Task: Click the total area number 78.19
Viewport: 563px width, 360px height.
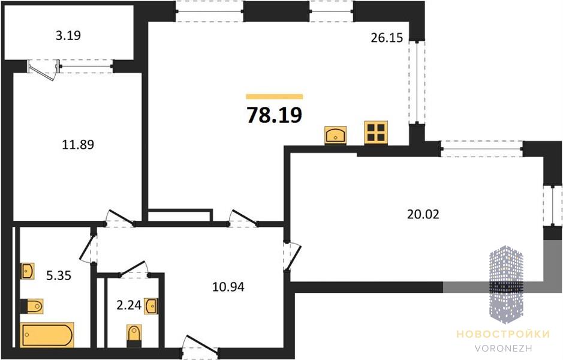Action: [275, 115]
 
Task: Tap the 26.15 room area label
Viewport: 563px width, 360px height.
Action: [387, 38]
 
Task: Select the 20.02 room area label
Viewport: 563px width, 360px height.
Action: [423, 214]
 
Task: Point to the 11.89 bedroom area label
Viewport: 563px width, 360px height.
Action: [78, 145]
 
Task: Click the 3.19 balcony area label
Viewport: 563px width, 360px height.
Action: [68, 35]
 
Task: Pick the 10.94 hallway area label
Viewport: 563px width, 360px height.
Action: [228, 287]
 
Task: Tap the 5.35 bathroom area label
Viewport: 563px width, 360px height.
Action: [59, 275]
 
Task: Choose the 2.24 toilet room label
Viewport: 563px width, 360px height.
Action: [130, 305]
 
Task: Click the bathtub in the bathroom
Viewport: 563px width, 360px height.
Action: [47, 335]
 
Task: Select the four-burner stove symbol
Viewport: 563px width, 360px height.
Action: [376, 133]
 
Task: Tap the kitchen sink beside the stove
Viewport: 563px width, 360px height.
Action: [335, 135]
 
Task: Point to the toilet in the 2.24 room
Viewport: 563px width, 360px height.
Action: [134, 335]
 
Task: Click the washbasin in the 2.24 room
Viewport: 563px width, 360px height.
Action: [150, 306]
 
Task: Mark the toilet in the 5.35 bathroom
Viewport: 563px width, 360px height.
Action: [32, 307]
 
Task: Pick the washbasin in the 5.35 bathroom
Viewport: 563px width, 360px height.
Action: [28, 271]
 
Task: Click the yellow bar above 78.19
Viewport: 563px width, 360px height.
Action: [275, 96]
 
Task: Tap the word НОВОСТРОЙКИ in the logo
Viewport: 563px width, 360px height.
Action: [503, 334]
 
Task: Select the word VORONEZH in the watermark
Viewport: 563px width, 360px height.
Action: [503, 348]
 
